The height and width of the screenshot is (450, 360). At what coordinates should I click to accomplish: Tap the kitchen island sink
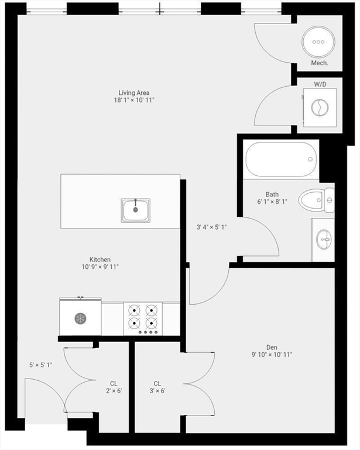pyautogui.click(x=136, y=209)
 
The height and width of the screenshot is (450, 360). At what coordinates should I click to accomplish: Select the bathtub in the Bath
pyautogui.click(x=282, y=159)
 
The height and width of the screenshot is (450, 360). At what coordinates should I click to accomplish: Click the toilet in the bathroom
pyautogui.click(x=316, y=200)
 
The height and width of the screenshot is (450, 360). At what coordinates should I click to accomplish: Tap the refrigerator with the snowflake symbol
pyautogui.click(x=80, y=318)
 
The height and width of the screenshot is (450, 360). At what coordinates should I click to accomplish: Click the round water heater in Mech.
pyautogui.click(x=318, y=42)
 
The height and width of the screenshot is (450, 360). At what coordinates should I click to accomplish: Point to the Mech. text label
pyautogui.click(x=319, y=63)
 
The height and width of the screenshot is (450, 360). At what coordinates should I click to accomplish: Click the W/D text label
pyautogui.click(x=320, y=84)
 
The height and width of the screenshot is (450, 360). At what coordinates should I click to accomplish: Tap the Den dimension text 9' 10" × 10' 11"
pyautogui.click(x=272, y=354)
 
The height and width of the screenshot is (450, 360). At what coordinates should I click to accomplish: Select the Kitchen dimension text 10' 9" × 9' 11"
pyautogui.click(x=100, y=267)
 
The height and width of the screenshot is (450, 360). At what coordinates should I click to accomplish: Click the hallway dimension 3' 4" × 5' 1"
pyautogui.click(x=211, y=227)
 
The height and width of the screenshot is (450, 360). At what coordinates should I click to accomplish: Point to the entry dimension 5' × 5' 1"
pyautogui.click(x=41, y=365)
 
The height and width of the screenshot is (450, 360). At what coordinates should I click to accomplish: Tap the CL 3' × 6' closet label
pyautogui.click(x=157, y=387)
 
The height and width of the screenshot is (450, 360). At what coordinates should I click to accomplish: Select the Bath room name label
pyautogui.click(x=272, y=195)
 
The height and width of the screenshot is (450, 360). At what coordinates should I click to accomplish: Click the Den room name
pyautogui.click(x=272, y=346)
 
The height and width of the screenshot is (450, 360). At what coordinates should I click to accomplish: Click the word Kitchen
pyautogui.click(x=100, y=260)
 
